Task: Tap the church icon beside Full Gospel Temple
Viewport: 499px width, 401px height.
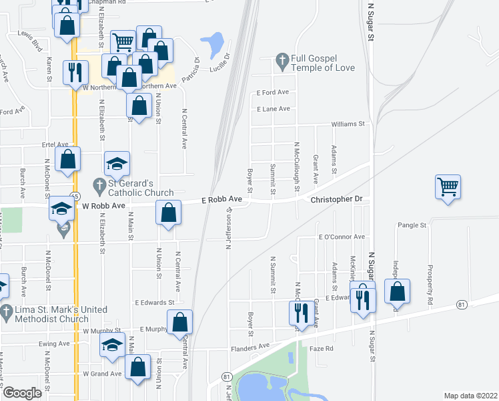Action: point(282,62)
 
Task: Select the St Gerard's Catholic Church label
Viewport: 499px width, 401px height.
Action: point(132,189)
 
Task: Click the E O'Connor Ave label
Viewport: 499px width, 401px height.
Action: point(342,237)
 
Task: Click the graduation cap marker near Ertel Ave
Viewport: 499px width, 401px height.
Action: point(117,164)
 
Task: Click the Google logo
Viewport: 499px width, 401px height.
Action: point(21,394)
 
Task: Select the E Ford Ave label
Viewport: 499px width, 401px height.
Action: point(272,92)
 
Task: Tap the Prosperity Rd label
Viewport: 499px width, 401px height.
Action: point(431,283)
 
